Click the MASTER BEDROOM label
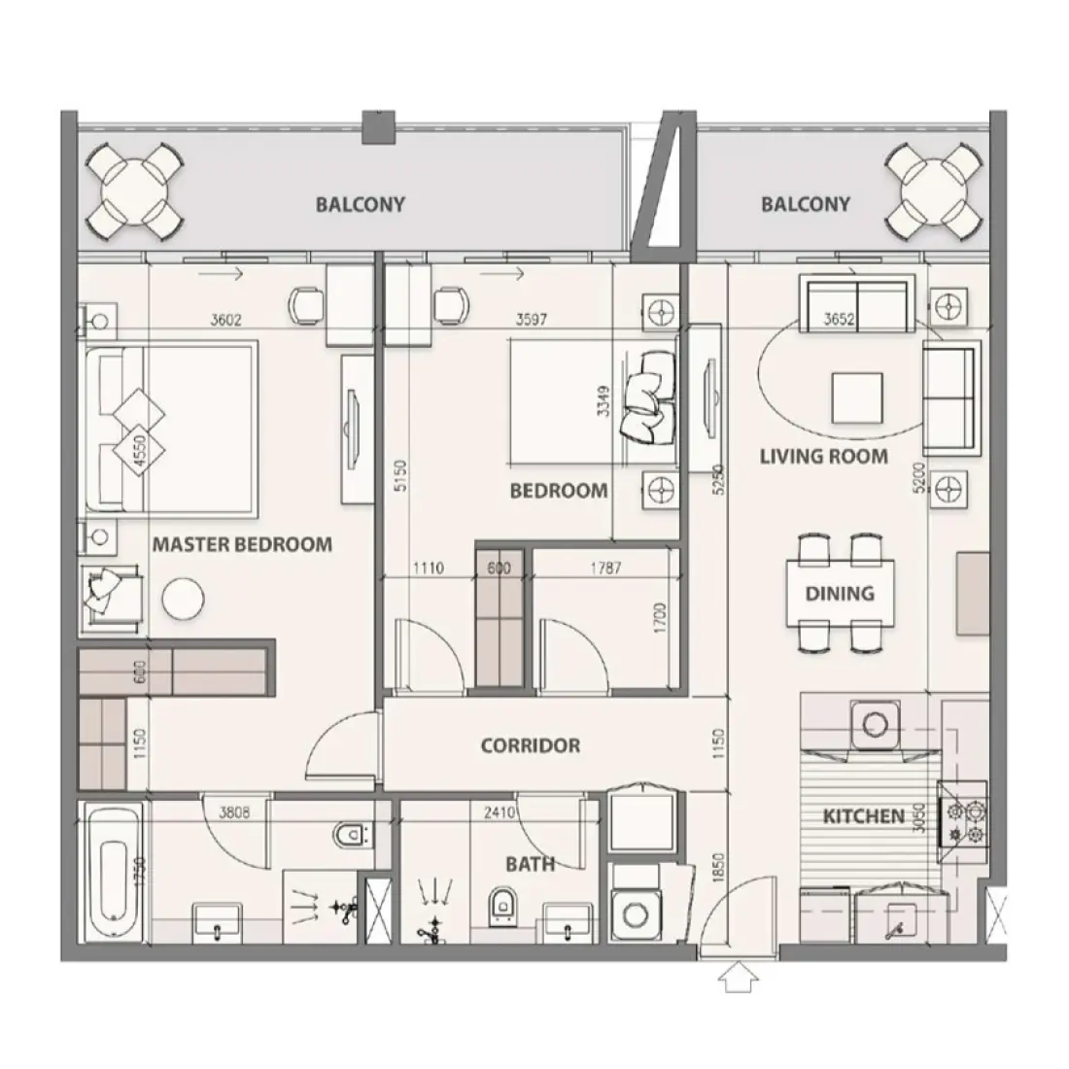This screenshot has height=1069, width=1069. pos(241,544)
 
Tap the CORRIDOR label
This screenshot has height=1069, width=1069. pos(530,746)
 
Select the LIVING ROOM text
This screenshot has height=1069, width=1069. pos(823,456)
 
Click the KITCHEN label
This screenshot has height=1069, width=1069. pos(863,816)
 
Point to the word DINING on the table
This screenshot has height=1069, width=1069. pos(839,593)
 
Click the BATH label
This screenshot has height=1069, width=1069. pos(530,863)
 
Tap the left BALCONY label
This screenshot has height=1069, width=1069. pos(360,205)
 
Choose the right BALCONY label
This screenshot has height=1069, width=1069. pos(805,204)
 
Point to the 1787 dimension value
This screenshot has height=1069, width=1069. pos(603,569)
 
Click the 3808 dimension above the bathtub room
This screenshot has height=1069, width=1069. pos(234,812)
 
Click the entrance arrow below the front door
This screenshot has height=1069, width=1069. pos(741,977)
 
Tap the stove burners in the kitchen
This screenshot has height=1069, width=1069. pos(961,822)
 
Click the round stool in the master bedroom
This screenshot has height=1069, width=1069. pos(181,599)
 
